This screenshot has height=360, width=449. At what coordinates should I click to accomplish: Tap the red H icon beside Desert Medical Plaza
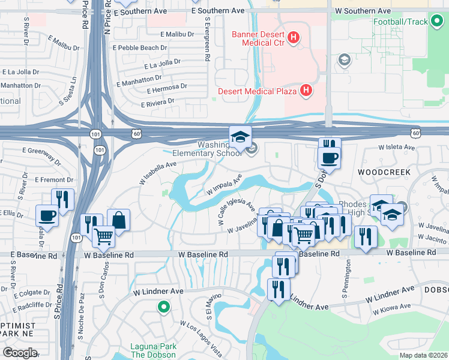click(306, 91)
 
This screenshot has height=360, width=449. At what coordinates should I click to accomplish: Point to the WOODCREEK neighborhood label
click(384, 172)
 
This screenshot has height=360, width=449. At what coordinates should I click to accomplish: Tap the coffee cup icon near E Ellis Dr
click(47, 215)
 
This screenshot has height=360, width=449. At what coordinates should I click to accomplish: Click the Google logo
click(19, 353)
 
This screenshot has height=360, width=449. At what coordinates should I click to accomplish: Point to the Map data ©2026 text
click(423, 355)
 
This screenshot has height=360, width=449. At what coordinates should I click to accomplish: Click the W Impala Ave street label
click(224, 185)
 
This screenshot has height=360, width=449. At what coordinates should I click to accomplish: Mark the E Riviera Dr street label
click(157, 103)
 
